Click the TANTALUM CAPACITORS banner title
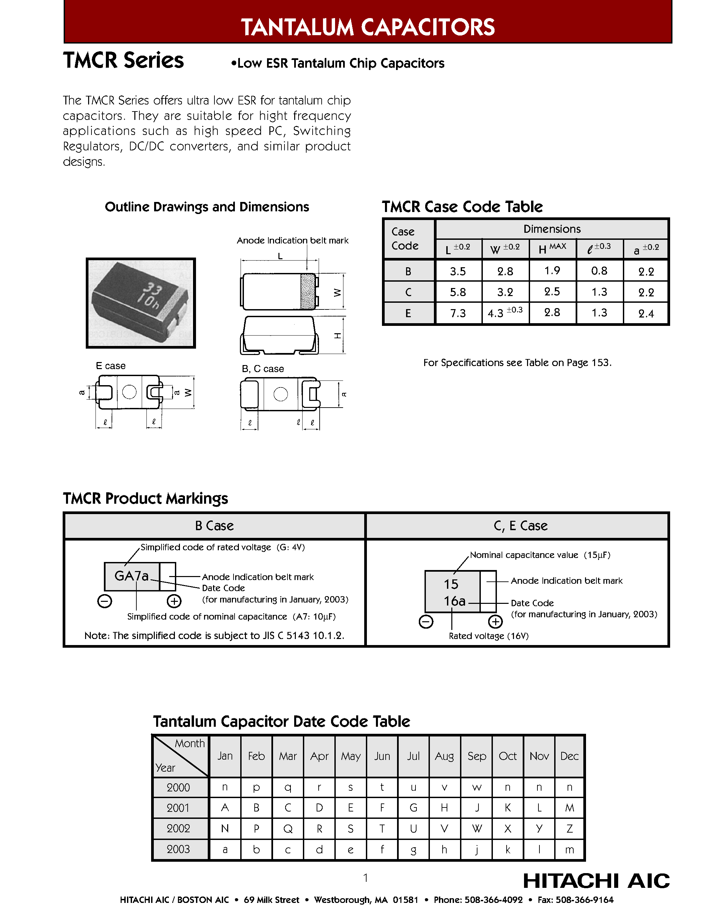tap(367, 27)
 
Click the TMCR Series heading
tap(123, 60)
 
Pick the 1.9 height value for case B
tap(552, 270)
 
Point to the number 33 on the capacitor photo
tap(153, 289)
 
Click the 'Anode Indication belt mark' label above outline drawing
tap(292, 240)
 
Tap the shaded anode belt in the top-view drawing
tap(308, 291)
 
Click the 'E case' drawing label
tap(111, 366)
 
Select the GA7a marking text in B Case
tap(132, 576)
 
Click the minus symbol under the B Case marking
tap(105, 601)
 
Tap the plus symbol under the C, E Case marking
tap(495, 622)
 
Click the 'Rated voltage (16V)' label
tap(489, 636)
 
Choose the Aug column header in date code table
tap(445, 756)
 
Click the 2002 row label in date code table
tap(179, 828)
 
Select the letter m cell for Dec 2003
tap(569, 849)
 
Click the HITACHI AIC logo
tap(596, 880)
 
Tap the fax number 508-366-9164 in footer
tap(584, 900)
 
